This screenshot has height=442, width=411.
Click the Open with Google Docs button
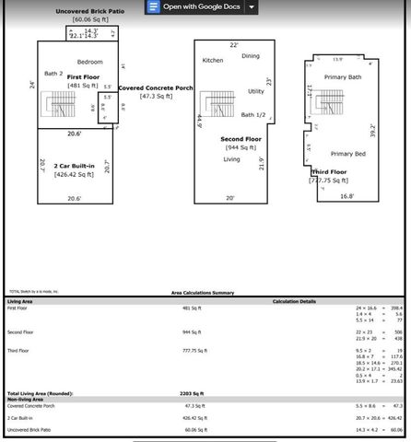195,6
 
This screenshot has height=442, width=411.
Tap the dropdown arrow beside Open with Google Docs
252,6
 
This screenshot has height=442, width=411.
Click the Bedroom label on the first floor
89,62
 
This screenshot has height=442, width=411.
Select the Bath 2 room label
53,73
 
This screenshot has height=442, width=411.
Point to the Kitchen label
213,60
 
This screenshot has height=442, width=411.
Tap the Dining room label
251,56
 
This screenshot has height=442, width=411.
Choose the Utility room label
256,91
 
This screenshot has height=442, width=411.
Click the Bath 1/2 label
254,115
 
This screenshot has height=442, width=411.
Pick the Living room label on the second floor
233,158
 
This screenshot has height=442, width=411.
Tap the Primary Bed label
347,154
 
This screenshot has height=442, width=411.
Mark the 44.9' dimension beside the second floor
198,121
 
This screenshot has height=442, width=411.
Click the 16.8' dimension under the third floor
346,196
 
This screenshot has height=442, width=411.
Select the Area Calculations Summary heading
203,292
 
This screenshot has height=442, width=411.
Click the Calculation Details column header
295,301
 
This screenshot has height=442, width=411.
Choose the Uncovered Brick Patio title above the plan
91,11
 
